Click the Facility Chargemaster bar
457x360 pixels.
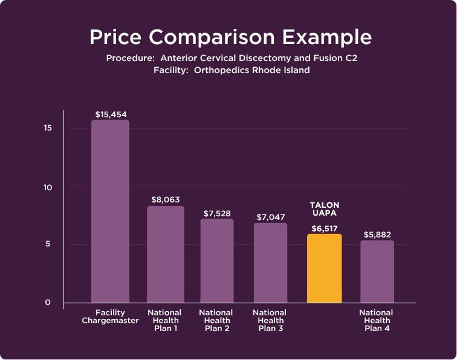110,211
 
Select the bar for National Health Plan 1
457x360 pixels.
165,254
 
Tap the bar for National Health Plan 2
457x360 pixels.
216,260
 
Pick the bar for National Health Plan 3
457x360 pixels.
270,263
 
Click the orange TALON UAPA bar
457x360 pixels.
324,268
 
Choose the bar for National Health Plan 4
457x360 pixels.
377,271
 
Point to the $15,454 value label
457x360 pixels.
110,114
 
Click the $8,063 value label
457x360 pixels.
165,199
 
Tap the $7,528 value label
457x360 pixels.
216,213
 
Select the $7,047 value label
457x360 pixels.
270,216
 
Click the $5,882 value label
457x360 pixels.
377,234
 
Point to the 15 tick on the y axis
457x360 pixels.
47,129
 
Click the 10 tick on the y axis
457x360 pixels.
47,187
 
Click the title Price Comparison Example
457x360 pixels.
230,37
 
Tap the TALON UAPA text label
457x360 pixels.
324,210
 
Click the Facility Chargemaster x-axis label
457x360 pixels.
110,317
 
